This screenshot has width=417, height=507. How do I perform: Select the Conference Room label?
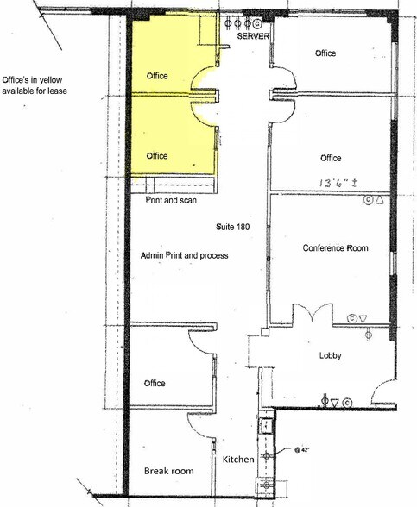click(x=335, y=248)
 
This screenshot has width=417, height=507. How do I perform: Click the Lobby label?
click(x=332, y=355)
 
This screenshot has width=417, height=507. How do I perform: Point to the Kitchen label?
click(x=238, y=460)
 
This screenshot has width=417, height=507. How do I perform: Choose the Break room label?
click(x=168, y=472)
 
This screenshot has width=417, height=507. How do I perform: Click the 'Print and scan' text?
click(x=171, y=200)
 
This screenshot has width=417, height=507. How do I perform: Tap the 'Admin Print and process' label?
click(x=184, y=256)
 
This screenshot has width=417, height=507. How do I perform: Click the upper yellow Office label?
click(x=157, y=76)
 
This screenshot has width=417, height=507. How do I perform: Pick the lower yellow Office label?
click(x=157, y=156)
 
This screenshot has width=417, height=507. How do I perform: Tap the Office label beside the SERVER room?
click(x=325, y=53)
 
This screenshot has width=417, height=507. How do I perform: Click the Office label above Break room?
click(x=155, y=383)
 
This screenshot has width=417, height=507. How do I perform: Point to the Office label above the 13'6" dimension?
click(x=331, y=159)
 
